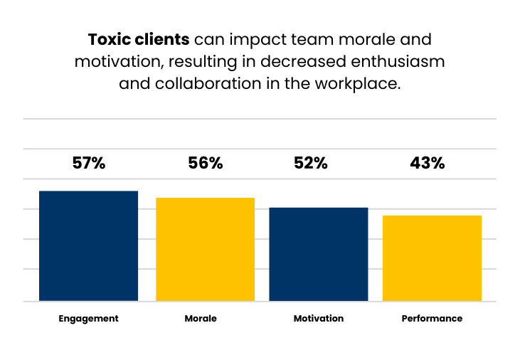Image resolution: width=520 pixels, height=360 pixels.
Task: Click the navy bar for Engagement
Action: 88,246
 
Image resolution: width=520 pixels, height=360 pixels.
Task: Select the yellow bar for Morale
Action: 206,249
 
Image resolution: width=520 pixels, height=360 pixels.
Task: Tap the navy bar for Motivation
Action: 318,254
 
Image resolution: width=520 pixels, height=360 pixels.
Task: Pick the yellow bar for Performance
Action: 432,258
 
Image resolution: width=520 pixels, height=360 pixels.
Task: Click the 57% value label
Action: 89,163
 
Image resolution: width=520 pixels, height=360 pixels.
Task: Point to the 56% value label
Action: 206,163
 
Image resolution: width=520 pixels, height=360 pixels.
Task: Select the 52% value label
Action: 311,163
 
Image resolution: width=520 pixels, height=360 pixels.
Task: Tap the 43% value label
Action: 428,163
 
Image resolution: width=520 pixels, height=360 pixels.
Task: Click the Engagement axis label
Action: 88,319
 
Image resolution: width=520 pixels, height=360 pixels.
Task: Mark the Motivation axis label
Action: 319,319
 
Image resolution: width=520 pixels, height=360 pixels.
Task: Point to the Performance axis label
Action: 432,319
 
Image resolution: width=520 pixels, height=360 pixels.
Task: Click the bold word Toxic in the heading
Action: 109,38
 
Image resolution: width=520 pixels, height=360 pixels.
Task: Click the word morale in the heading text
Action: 374,38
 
